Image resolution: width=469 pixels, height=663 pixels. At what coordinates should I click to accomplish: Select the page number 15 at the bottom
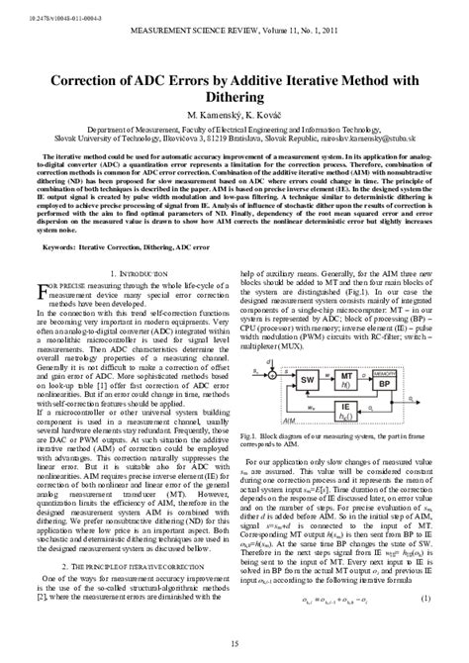coord(234,646)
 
